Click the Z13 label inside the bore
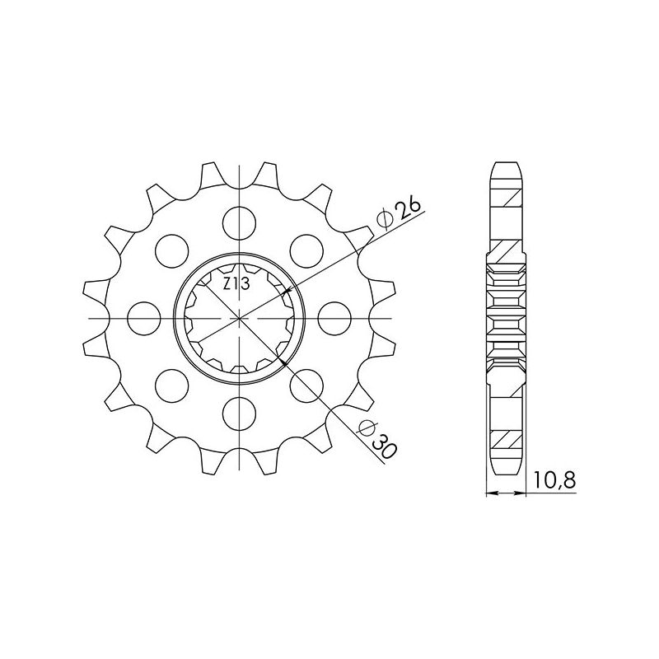(x=238, y=285)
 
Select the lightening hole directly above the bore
(x=238, y=220)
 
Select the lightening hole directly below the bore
(x=238, y=410)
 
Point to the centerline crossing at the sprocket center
(x=238, y=315)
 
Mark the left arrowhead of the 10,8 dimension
(x=491, y=494)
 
